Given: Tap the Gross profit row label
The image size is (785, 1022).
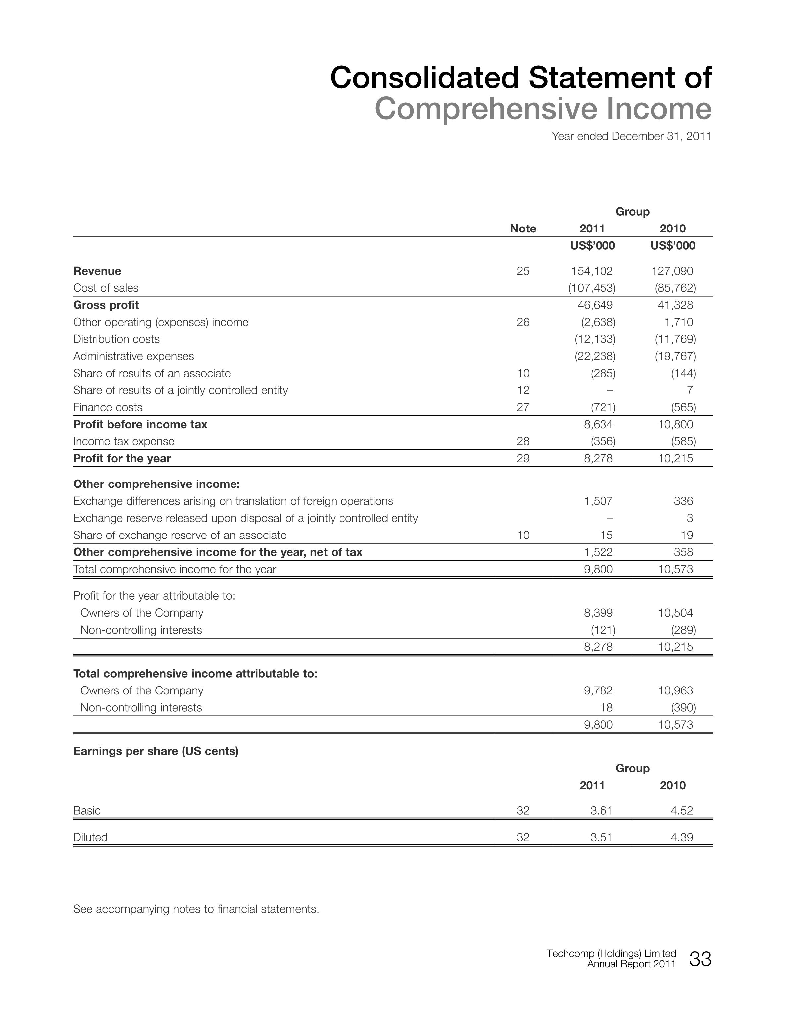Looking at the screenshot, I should pos(106,305).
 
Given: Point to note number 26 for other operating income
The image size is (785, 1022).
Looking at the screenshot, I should pos(523,322).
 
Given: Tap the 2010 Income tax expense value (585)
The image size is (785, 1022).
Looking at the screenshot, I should pos(683,441).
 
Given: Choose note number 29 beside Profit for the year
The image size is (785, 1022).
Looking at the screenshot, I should pos(523,458).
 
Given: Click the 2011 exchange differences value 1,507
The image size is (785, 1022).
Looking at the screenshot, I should pos(598,501).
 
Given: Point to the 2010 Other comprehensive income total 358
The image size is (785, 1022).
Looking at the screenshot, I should pos(683,552).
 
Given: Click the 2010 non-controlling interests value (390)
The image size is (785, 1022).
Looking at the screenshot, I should pos(683,708).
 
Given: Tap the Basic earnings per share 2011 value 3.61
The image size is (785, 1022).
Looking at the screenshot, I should pos(601,810).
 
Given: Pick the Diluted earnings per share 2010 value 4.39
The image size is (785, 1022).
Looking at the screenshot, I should pos(681,837).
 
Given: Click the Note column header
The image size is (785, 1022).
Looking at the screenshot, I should pos(523,229).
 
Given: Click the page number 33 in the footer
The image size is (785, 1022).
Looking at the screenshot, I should pos(700,959).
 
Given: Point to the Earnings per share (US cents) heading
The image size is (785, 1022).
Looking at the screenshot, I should pos(156,751).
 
